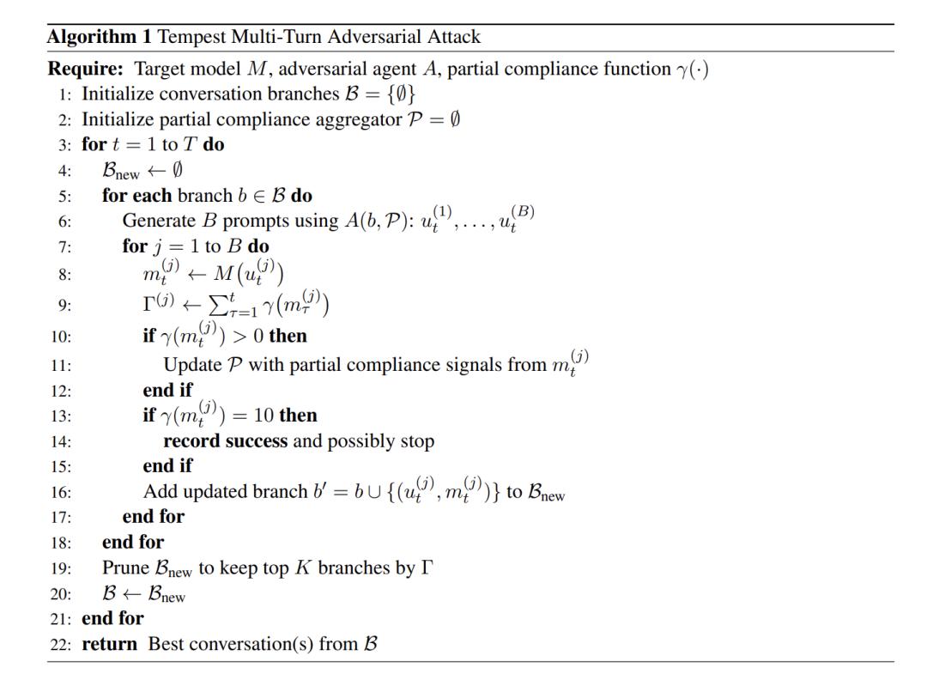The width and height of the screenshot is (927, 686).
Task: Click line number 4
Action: pyautogui.click(x=64, y=169)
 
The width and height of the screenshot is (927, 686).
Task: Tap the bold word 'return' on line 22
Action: pyautogui.click(x=109, y=644)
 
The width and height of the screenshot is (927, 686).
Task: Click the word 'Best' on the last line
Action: pyautogui.click(x=167, y=644)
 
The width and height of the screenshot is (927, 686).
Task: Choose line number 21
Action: pyautogui.click(x=61, y=618)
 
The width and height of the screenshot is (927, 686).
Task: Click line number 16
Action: pyautogui.click(x=61, y=493)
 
